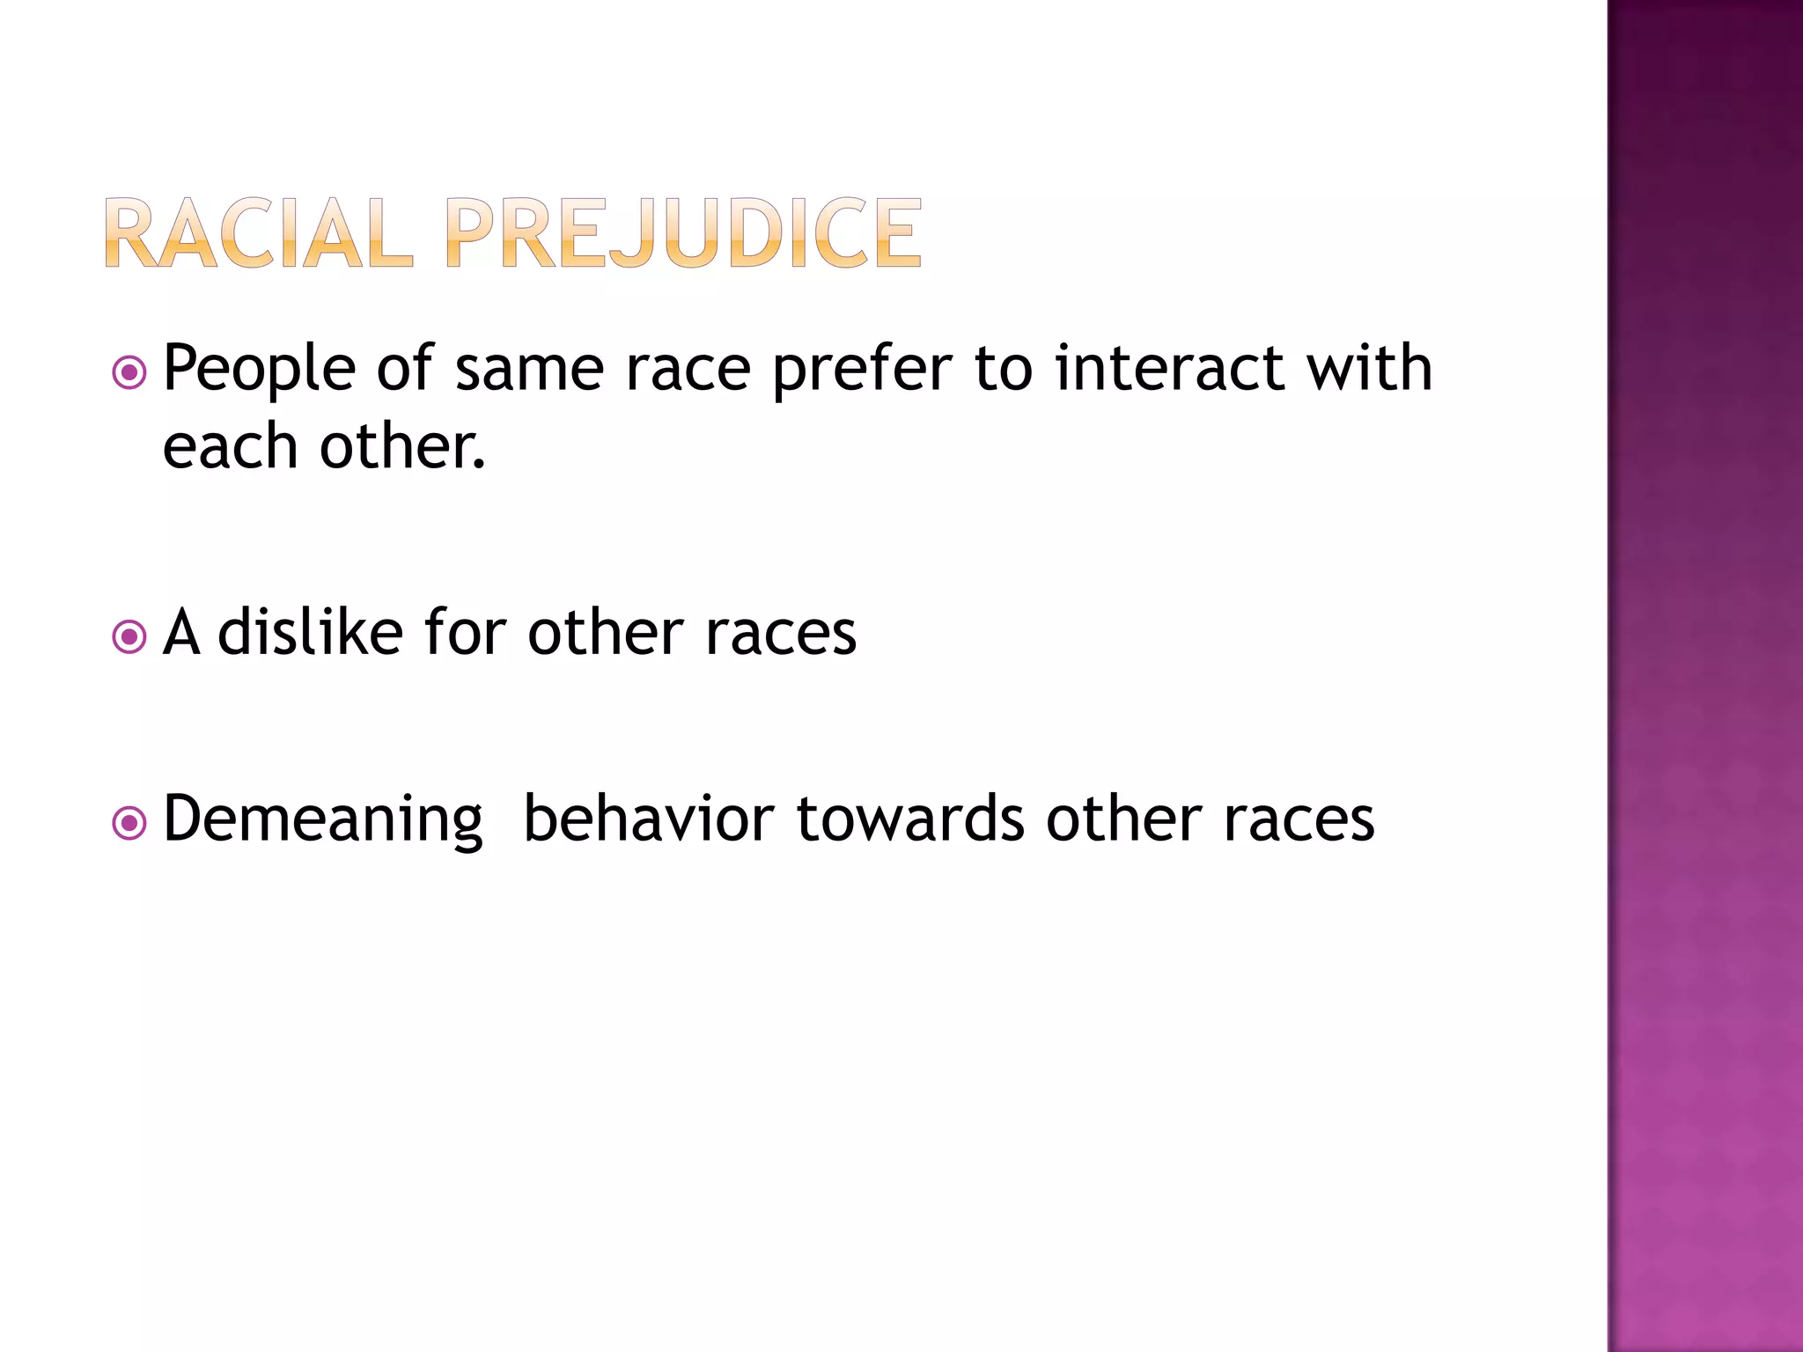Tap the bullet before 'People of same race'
tap(129, 372)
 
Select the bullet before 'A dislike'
tap(129, 636)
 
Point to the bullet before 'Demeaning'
tap(129, 824)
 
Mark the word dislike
tap(310, 632)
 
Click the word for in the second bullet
tap(465, 632)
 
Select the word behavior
tap(649, 819)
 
